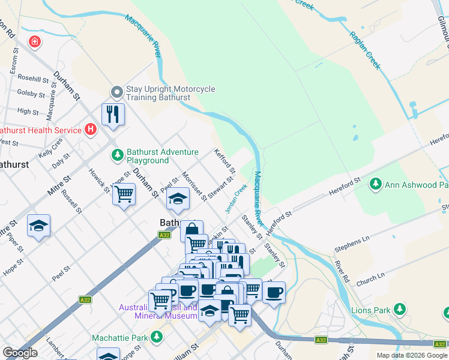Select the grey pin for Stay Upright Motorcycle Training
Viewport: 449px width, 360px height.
(116, 92)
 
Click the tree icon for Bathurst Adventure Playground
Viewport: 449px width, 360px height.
(118, 155)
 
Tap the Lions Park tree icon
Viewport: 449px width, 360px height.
(399, 310)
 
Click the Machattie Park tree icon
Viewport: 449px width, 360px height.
(157, 337)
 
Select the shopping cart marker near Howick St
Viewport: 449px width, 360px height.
(124, 194)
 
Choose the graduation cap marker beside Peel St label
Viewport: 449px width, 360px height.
(178, 199)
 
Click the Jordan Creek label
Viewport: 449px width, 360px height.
(236, 198)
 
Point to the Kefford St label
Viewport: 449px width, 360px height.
(223, 161)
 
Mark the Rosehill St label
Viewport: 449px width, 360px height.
(33, 78)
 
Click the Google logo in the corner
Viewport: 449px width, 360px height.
(20, 353)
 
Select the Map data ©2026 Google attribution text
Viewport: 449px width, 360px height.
(411, 355)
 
